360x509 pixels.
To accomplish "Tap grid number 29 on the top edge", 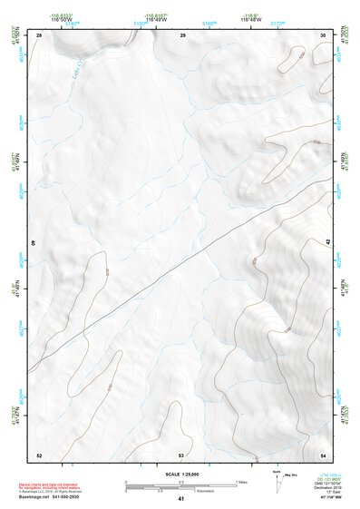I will (182, 34).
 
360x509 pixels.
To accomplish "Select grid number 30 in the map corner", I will (323, 34).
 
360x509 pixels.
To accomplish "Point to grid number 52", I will (39, 455).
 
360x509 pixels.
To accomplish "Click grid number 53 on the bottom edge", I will (181, 455).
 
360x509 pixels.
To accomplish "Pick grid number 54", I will (323, 455).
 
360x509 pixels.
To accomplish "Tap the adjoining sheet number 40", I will (34, 243).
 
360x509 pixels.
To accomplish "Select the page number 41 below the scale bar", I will (181, 499).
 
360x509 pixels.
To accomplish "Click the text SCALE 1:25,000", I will (180, 474).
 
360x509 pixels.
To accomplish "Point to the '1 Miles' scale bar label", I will (243, 481).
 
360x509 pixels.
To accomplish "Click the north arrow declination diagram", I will (277, 480).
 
